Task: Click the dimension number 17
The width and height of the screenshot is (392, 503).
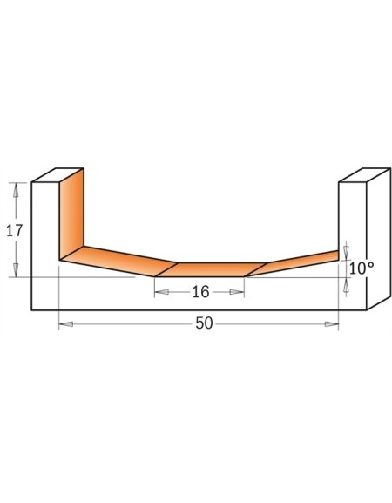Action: coord(15,231)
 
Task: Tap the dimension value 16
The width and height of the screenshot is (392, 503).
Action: coord(200,292)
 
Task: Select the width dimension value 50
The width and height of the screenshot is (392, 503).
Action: coord(204,323)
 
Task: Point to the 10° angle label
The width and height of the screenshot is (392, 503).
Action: coord(362,268)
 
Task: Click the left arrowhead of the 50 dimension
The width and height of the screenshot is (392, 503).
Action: coord(66,324)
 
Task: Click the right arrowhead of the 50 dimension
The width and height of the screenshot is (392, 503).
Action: coord(331,324)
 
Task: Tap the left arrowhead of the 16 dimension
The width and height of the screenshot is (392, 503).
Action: coord(161,292)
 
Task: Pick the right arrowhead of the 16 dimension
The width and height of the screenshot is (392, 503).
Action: coord(237,292)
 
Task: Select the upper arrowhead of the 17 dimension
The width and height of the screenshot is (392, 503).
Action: coord(16,190)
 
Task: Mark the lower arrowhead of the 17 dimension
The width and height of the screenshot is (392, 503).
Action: coord(16,269)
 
